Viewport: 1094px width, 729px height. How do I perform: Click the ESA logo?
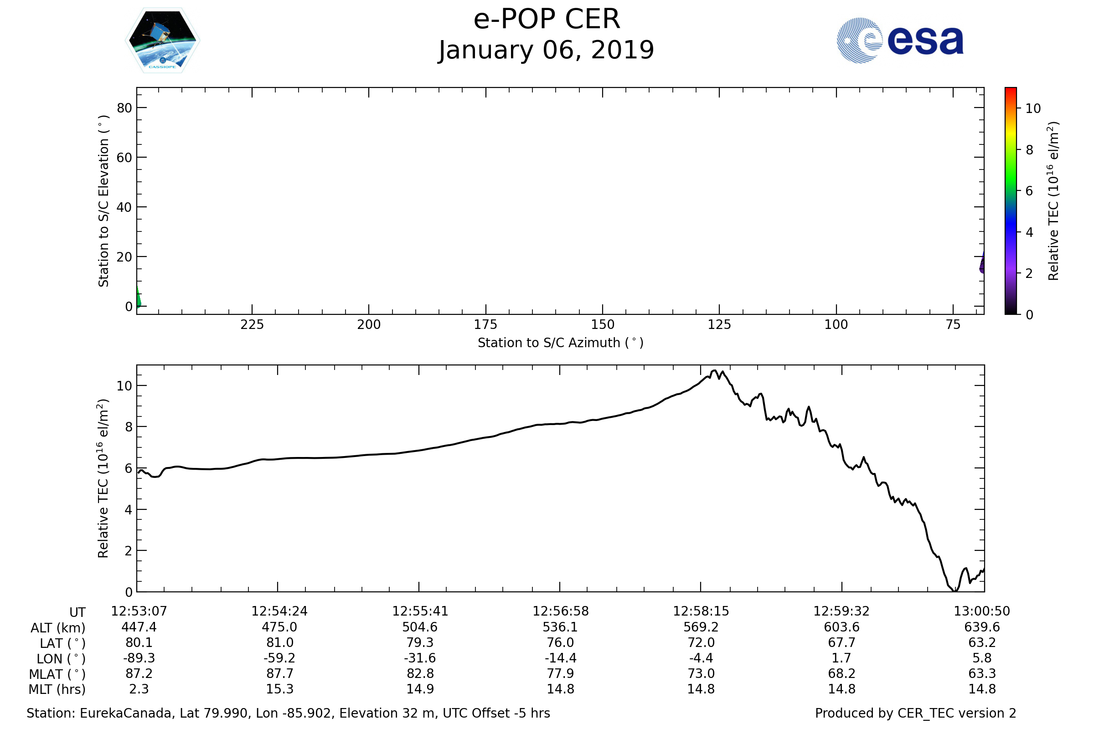[899, 41]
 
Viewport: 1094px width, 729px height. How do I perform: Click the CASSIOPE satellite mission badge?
[163, 41]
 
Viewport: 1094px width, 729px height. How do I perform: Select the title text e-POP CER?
[547, 20]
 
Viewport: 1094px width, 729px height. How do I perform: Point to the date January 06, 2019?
[547, 50]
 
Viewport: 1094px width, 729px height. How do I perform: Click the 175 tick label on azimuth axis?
[485, 324]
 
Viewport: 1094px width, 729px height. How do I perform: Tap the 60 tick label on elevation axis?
[124, 158]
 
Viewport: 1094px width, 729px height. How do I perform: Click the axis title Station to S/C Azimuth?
[561, 343]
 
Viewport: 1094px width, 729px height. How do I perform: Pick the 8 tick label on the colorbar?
[1029, 150]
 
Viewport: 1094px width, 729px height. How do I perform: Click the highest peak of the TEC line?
[714, 370]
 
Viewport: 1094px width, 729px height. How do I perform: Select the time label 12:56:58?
[561, 611]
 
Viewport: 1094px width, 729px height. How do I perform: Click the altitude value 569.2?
[701, 627]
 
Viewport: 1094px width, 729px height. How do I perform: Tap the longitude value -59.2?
[279, 658]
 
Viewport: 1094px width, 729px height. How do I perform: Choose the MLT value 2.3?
[139, 689]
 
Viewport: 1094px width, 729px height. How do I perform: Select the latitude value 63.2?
[982, 642]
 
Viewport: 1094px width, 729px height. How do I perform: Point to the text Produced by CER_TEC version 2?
[915, 713]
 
